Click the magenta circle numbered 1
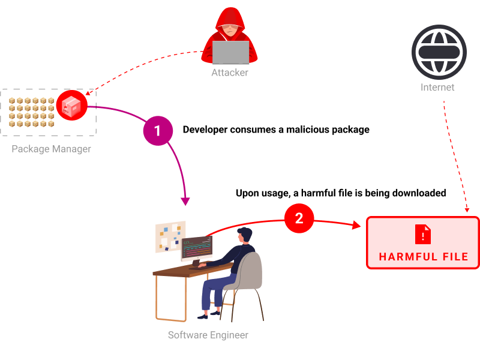pos(158,131)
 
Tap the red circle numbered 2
pos(299,218)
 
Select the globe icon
pos(439,52)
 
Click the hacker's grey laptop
pos(230,52)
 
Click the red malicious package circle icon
pos(72,106)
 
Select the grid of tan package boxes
pos(31,112)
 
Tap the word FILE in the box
pos(455,257)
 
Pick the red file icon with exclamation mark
pos(423,234)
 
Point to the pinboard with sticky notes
pos(170,236)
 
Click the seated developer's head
pos(245,235)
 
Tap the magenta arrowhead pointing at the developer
pos(185,202)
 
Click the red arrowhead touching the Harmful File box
pos(357,225)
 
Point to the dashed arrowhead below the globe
pos(467,210)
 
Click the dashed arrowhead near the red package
pos(88,93)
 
